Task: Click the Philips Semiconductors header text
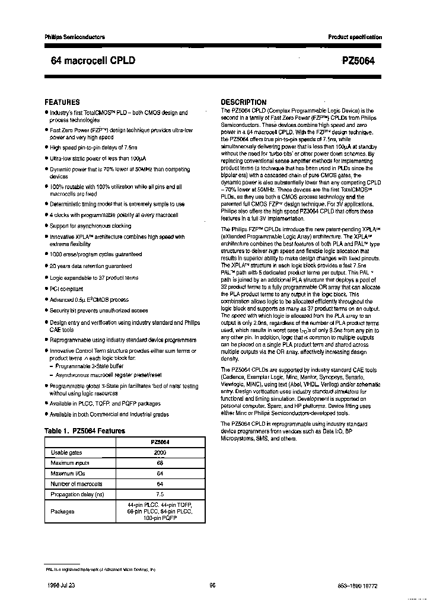[75, 37]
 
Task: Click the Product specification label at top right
[355, 37]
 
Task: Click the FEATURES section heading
[62, 102]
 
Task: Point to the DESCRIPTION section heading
[244, 102]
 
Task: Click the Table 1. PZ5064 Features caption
[85, 431]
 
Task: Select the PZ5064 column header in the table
[160, 442]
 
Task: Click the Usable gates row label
[67, 452]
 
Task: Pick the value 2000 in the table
[160, 452]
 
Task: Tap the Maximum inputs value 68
[160, 463]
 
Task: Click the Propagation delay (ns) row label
[77, 494]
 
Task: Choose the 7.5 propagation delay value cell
[160, 494]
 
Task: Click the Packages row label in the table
[62, 510]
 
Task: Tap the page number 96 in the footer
[212, 584]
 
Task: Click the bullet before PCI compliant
[46, 289]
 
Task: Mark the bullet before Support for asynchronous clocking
[46, 226]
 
